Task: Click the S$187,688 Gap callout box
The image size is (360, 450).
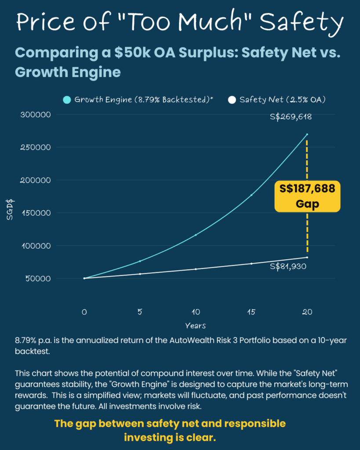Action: pyautogui.click(x=307, y=196)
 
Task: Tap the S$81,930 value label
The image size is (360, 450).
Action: pyautogui.click(x=288, y=266)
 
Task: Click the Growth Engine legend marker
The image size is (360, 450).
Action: pyautogui.click(x=67, y=100)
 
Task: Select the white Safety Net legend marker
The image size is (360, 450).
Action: pyautogui.click(x=232, y=100)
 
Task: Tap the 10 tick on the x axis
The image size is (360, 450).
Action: pyautogui.click(x=196, y=312)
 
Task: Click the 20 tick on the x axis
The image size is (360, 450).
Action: pyautogui.click(x=307, y=312)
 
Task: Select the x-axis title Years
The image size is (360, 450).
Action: pyautogui.click(x=196, y=326)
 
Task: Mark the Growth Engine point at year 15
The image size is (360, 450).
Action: pyautogui.click(x=251, y=195)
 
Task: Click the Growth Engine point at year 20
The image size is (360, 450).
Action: pyautogui.click(x=307, y=134)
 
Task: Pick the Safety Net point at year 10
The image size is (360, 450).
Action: pyautogui.click(x=196, y=269)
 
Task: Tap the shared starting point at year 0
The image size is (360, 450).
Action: pyautogui.click(x=84, y=278)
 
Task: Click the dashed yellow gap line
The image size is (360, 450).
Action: pyautogui.click(x=307, y=233)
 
